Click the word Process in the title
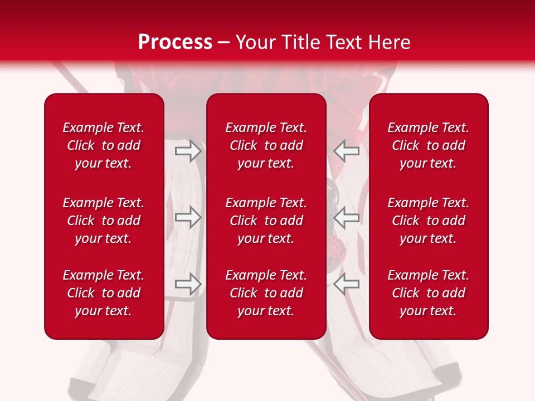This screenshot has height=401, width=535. tap(175, 42)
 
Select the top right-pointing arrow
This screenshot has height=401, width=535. tap(188, 151)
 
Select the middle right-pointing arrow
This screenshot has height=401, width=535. tap(188, 217)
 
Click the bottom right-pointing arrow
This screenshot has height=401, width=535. tap(188, 284)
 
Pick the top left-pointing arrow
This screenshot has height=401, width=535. tap(347, 151)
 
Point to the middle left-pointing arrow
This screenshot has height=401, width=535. tap(347, 217)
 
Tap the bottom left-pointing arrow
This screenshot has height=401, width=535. tap(347, 284)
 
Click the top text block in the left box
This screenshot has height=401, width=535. tap(104, 145)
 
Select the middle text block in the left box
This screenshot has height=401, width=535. tap(104, 221)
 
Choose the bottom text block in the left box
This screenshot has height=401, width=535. tap(104, 293)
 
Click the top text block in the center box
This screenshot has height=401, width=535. tap(266, 145)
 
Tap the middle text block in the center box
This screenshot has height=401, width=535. tap(266, 221)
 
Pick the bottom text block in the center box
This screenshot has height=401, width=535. tap(266, 293)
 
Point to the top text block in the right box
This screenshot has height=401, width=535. tap(429, 145)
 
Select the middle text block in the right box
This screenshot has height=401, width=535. tap(429, 221)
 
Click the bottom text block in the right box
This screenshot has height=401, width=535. tap(429, 293)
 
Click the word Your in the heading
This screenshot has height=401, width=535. tap(255, 42)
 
